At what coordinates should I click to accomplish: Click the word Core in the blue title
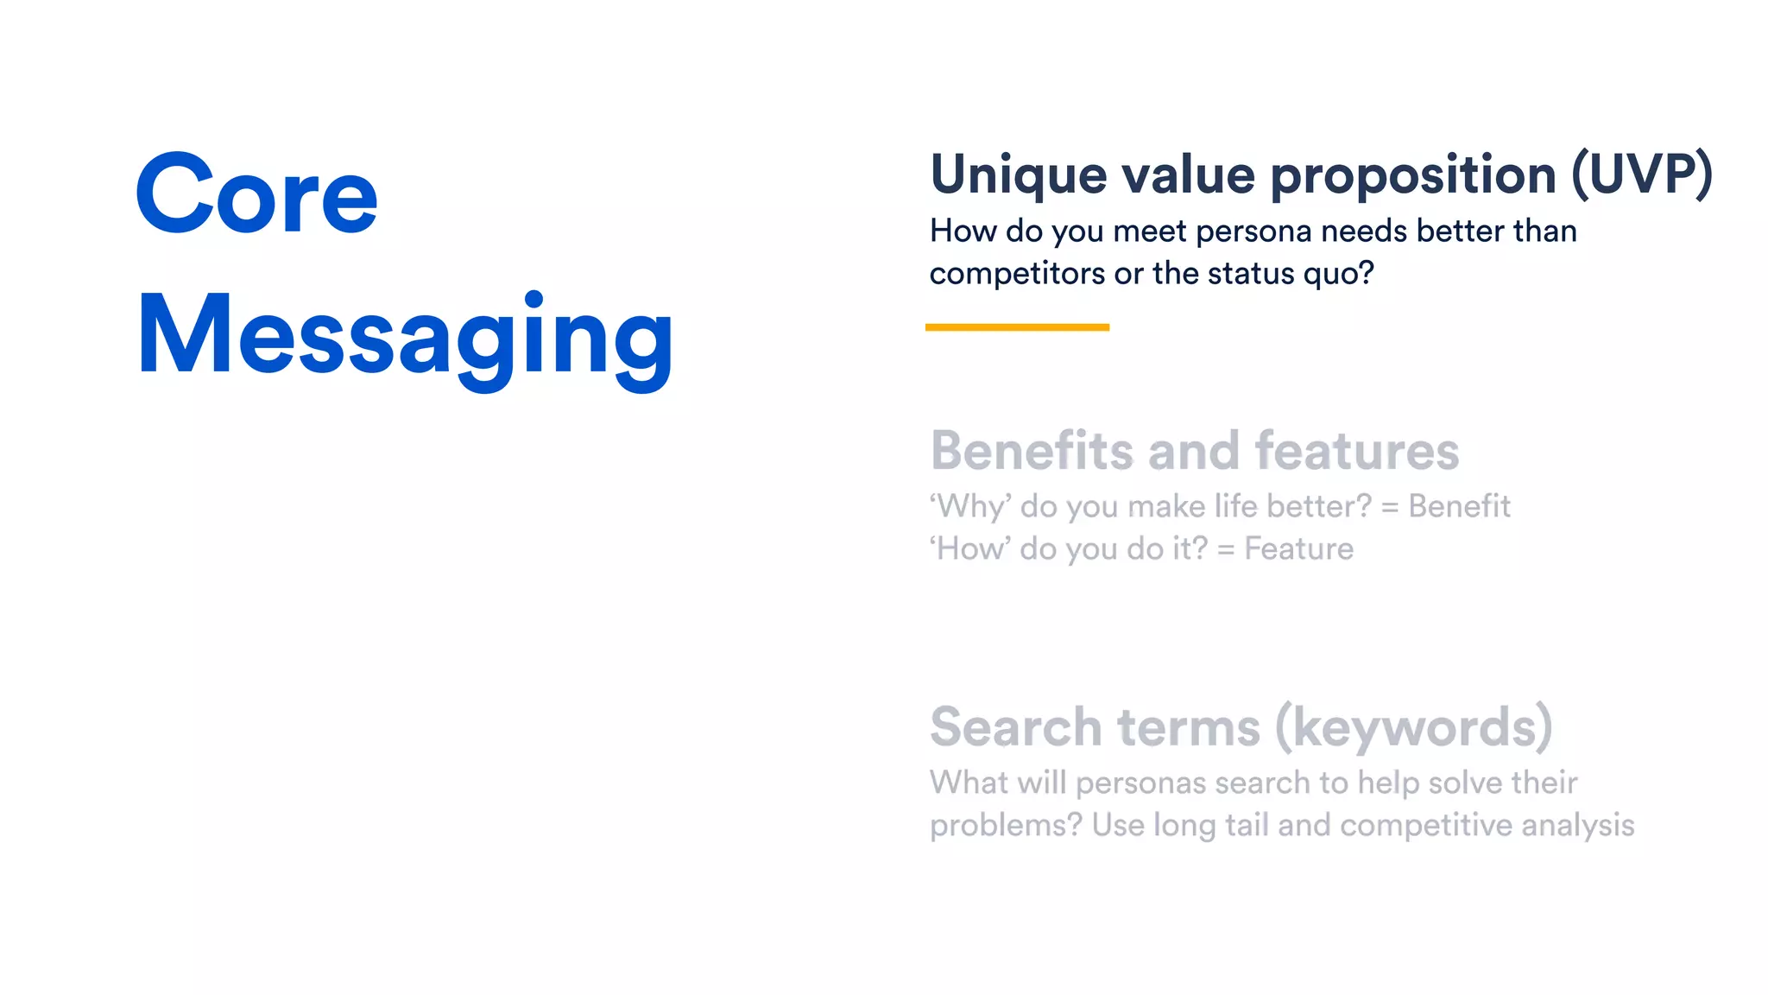pos(256,194)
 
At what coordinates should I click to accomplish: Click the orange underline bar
pos(1017,327)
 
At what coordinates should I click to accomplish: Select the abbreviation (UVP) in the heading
pos(1641,174)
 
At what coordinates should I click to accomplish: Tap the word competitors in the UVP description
pos(1017,274)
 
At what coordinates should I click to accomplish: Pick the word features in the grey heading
pos(1356,451)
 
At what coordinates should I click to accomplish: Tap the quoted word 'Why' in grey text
pos(969,506)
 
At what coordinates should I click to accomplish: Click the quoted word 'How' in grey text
pos(969,548)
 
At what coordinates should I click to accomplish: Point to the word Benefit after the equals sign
pos(1459,506)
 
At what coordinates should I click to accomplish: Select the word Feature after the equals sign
pos(1298,548)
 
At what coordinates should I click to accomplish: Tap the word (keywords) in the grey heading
pos(1413,727)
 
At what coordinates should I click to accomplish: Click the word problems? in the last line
pos(1006,826)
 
